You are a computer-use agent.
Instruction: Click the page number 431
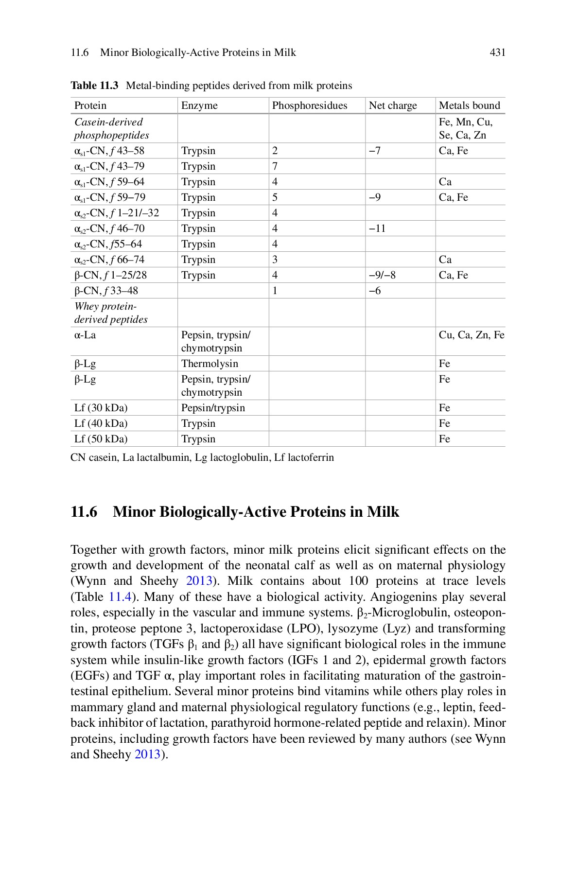click(497, 52)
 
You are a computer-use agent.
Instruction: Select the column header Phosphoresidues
click(309, 105)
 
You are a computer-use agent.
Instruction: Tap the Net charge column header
click(393, 105)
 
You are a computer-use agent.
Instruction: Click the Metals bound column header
click(469, 105)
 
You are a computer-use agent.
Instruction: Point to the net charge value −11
click(377, 228)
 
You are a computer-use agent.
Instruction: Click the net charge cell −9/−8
click(382, 275)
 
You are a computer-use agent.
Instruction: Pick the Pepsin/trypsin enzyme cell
click(213, 408)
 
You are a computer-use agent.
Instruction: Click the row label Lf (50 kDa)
click(101, 439)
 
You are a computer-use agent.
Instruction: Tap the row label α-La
click(85, 335)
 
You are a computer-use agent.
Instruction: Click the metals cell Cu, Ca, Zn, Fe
click(471, 335)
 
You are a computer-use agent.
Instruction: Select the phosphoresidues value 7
click(275, 166)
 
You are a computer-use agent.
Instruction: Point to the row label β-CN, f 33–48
click(106, 291)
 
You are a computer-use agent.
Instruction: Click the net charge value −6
click(375, 291)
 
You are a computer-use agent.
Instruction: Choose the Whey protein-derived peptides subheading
click(110, 313)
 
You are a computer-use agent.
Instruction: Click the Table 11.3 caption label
click(94, 86)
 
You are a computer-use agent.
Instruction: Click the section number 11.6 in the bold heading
click(84, 512)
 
